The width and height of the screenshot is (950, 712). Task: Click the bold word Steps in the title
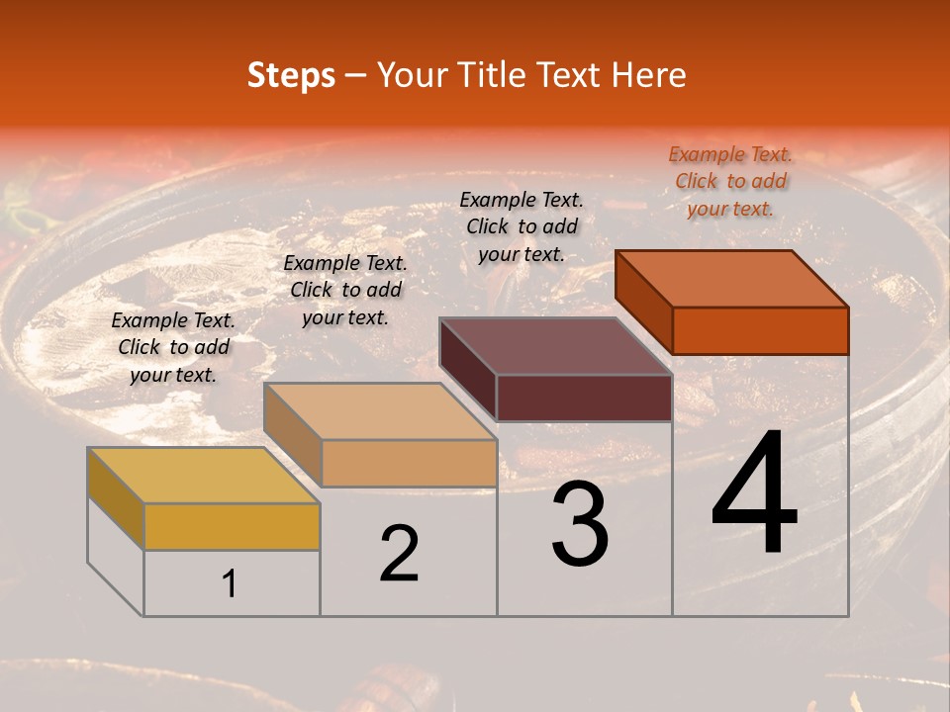pyautogui.click(x=291, y=75)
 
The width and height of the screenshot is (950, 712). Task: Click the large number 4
pyautogui.click(x=754, y=494)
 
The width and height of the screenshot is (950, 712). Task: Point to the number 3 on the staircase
pyautogui.click(x=580, y=523)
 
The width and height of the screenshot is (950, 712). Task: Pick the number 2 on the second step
pyautogui.click(x=399, y=555)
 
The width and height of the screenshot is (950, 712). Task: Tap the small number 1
pyautogui.click(x=230, y=584)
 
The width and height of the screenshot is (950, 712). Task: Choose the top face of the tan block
pyautogui.click(x=380, y=411)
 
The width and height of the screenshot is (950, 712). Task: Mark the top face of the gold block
pyautogui.click(x=204, y=476)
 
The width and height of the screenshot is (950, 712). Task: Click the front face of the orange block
pyautogui.click(x=760, y=330)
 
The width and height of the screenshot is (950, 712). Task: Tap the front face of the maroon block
pyautogui.click(x=584, y=399)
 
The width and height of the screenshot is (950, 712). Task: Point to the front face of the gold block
pyautogui.click(x=232, y=526)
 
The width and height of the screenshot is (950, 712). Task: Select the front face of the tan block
pyautogui.click(x=408, y=463)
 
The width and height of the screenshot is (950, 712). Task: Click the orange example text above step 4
pyautogui.click(x=730, y=182)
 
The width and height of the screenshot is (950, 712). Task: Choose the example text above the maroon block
pyautogui.click(x=522, y=227)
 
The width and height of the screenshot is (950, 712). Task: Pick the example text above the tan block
pyautogui.click(x=345, y=291)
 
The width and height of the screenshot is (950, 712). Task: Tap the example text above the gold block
pyautogui.click(x=173, y=348)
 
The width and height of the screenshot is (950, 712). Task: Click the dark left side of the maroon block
pyautogui.click(x=468, y=369)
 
